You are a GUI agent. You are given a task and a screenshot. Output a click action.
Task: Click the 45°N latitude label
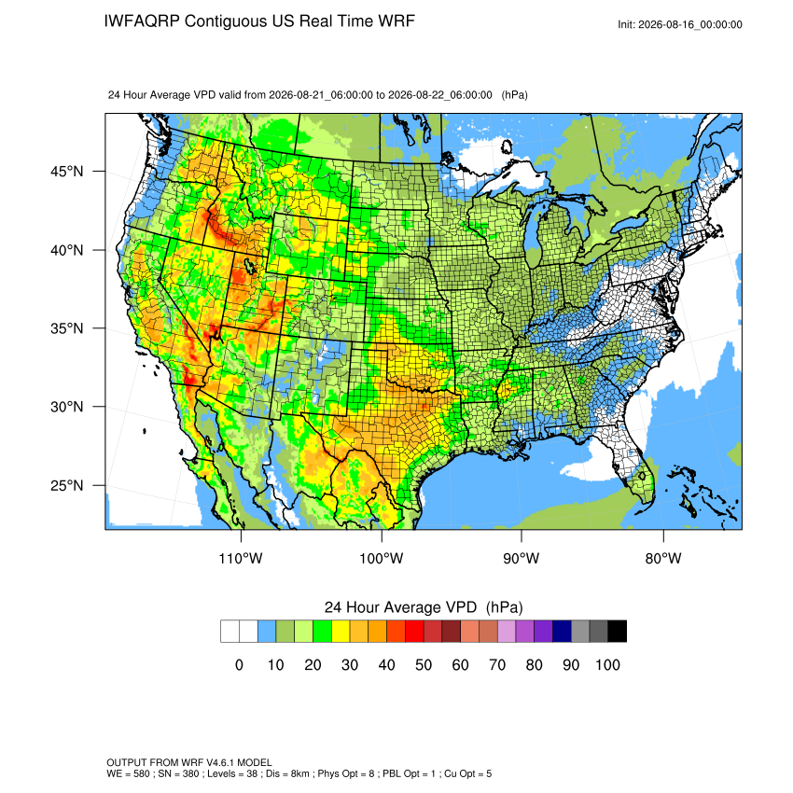pyautogui.click(x=66, y=172)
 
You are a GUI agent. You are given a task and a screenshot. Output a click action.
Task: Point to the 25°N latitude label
pyautogui.click(x=66, y=485)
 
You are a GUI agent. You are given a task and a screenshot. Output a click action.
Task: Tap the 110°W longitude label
pyautogui.click(x=241, y=558)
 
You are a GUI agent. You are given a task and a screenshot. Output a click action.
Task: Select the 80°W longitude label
pyautogui.click(x=663, y=558)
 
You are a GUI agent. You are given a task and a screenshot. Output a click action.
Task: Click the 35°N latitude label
pyautogui.click(x=66, y=328)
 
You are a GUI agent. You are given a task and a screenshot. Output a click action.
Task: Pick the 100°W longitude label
pyautogui.click(x=382, y=558)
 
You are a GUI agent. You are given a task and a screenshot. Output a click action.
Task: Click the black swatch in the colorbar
pyautogui.click(x=618, y=632)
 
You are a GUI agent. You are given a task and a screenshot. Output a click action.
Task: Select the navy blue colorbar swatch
pyautogui.click(x=562, y=632)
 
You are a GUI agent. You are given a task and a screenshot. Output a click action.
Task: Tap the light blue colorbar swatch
pyautogui.click(x=267, y=632)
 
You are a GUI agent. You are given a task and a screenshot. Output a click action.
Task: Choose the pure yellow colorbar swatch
pyautogui.click(x=341, y=632)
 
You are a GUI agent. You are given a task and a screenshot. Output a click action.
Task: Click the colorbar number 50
pyautogui.click(x=424, y=664)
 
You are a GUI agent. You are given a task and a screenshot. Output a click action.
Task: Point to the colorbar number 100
pyautogui.click(x=608, y=664)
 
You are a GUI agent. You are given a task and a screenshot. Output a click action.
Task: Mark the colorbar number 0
pyautogui.click(x=239, y=664)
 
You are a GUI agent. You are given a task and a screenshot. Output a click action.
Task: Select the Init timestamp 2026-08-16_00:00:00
pyautogui.click(x=690, y=25)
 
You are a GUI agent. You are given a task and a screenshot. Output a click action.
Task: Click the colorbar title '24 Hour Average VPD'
pyautogui.click(x=400, y=607)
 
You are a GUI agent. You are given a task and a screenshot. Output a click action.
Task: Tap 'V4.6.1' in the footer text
pyautogui.click(x=220, y=762)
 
